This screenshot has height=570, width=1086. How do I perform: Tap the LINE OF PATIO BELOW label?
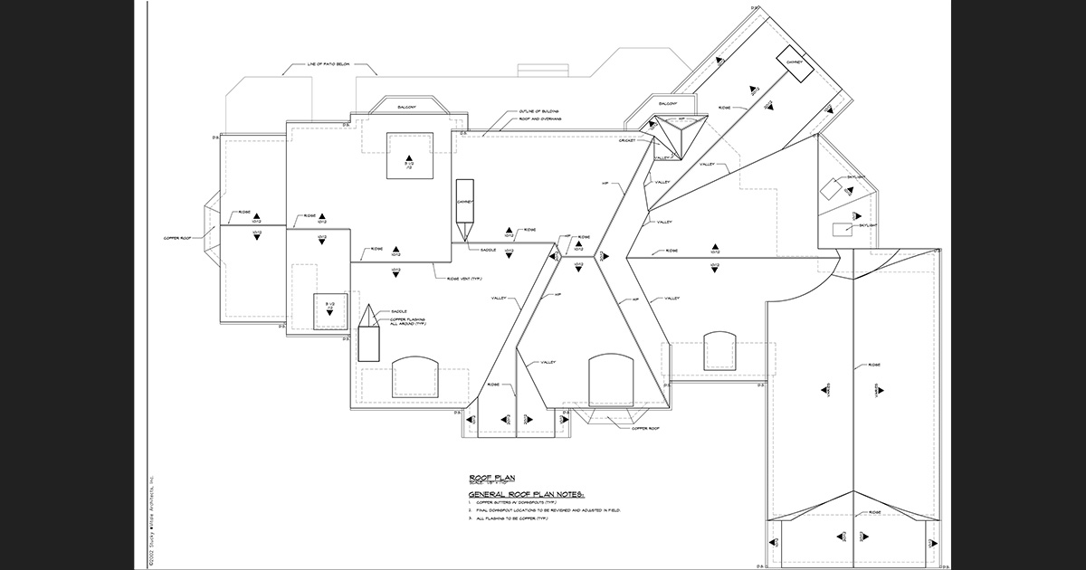[317, 65]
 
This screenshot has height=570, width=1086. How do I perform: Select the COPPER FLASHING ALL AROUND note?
[408, 321]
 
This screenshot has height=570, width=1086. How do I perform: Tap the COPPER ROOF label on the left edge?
[176, 238]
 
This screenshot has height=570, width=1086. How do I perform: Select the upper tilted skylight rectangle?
[830, 190]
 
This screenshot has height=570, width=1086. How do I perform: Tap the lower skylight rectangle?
[843, 228]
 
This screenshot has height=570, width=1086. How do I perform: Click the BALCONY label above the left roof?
[406, 108]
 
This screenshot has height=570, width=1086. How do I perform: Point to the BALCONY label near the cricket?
[669, 103]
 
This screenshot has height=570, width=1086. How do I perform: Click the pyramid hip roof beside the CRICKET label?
[672, 136]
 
